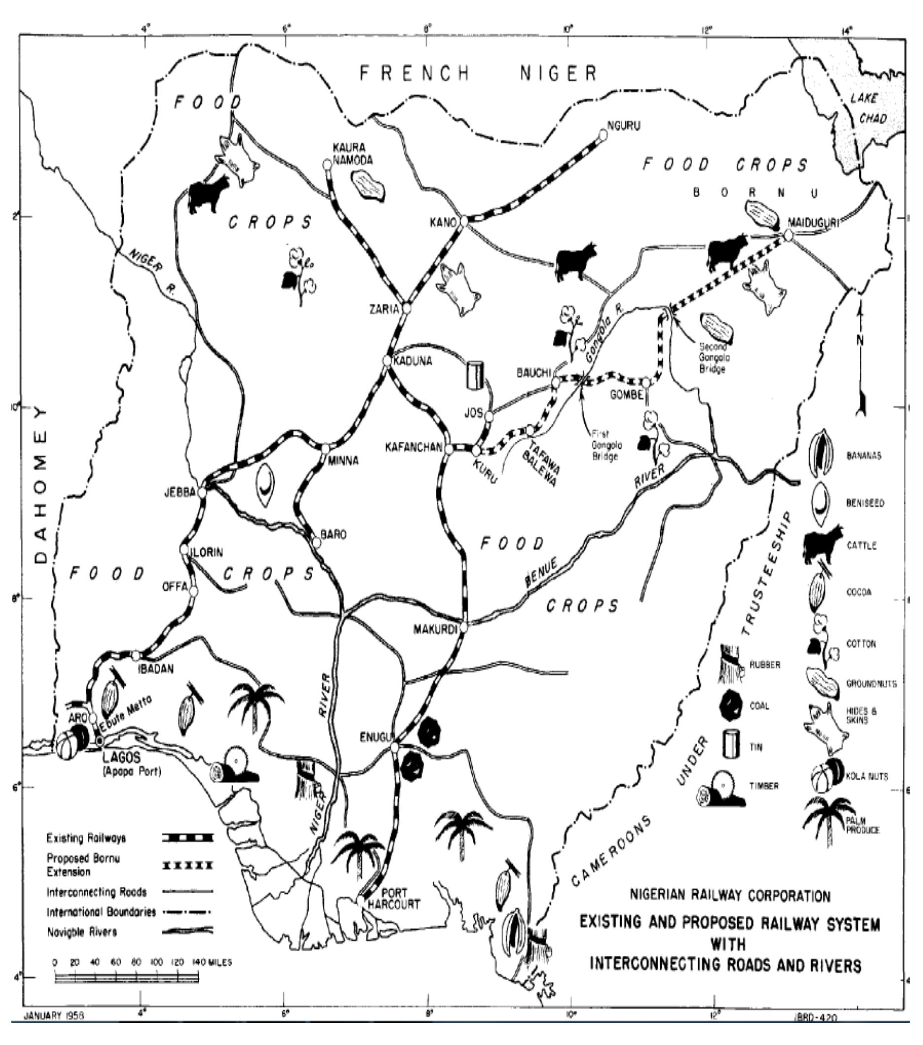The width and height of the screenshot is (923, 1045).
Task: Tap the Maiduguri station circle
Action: click(788, 235)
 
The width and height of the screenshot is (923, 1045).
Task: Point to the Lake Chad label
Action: click(870, 108)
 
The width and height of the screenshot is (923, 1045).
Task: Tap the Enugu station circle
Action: click(394, 747)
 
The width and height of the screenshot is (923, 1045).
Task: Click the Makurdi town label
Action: click(435, 629)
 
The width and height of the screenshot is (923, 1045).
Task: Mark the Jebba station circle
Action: click(202, 492)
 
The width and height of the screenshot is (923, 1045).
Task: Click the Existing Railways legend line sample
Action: click(188, 838)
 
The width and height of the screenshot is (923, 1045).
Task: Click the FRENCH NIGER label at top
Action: click(478, 73)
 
